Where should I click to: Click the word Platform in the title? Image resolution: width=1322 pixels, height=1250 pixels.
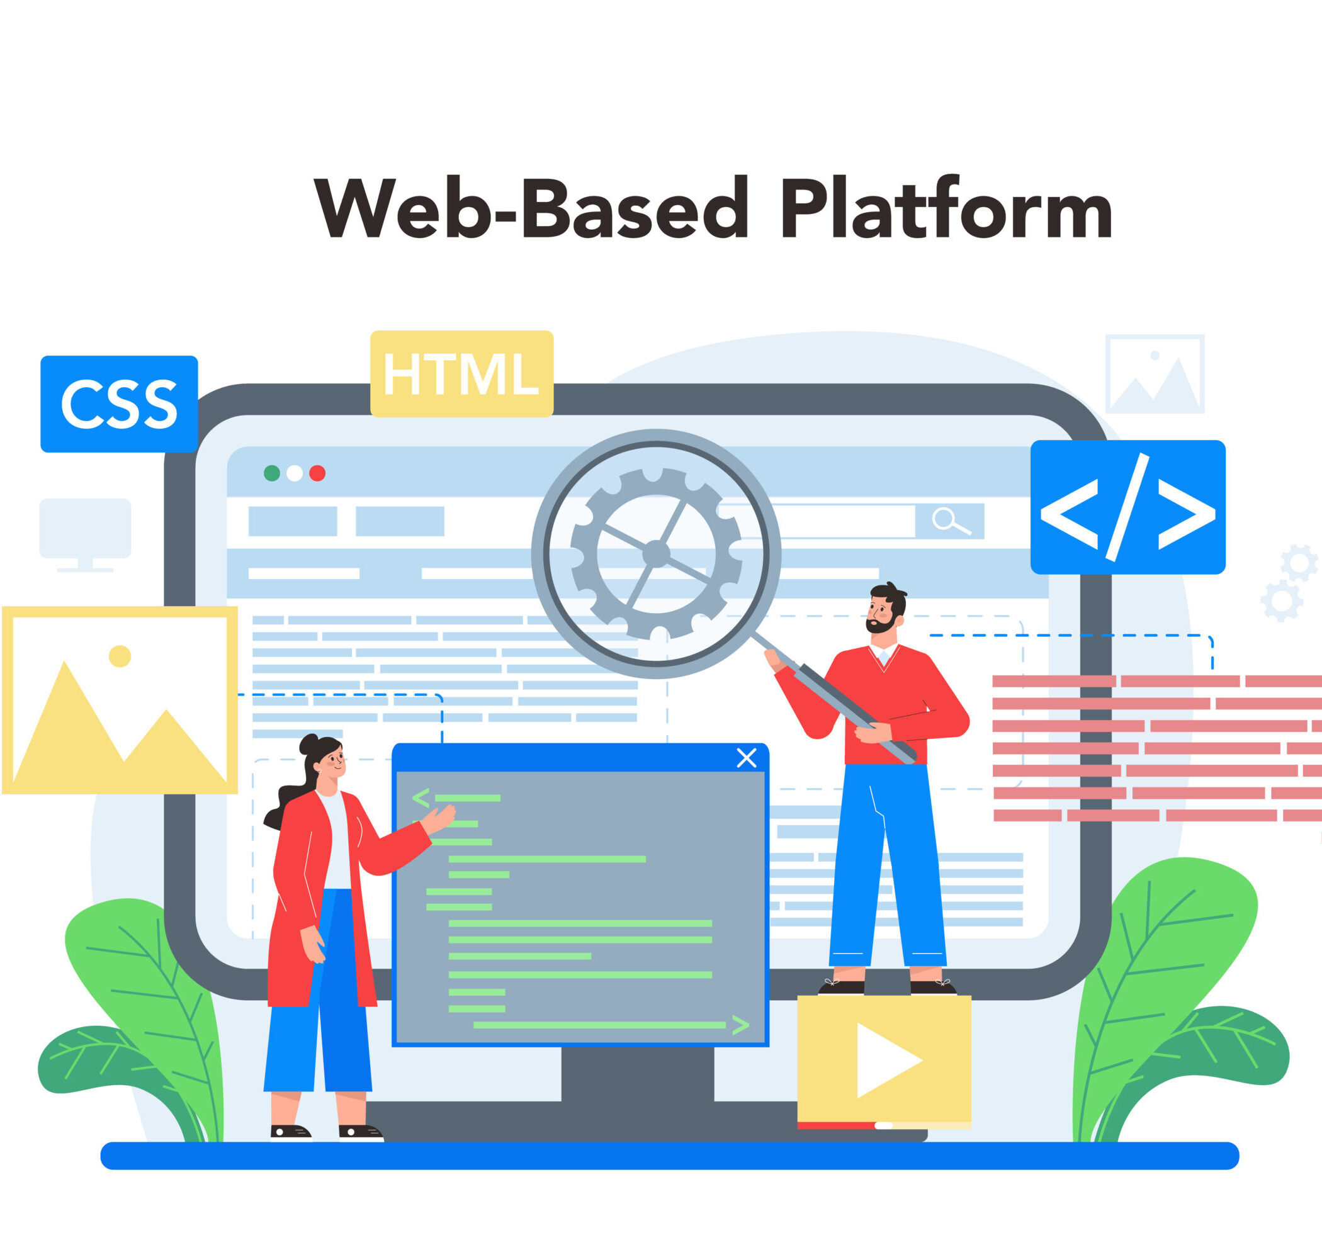947,208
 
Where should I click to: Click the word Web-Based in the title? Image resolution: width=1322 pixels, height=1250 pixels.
531,208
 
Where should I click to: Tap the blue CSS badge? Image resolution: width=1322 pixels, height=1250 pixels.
119,404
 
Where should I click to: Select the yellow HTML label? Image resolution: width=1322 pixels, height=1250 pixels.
462,373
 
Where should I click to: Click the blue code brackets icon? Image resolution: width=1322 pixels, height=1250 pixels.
1128,507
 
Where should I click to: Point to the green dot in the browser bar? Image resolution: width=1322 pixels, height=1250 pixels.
272,473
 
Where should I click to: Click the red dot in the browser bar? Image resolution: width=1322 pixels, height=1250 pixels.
317,473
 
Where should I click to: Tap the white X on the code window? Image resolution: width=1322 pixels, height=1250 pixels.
746,758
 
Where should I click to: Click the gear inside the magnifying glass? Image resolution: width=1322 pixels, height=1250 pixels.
657,554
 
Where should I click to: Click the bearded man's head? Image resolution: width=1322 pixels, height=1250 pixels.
886,609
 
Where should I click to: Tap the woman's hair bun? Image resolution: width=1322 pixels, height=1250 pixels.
309,743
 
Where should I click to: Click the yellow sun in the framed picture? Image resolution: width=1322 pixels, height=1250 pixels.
120,656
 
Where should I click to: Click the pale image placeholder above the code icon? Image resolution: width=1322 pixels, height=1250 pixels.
1155,374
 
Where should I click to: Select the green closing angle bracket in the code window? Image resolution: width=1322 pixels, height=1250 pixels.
740,1025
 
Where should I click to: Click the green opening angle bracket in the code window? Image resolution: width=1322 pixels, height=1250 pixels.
421,797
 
